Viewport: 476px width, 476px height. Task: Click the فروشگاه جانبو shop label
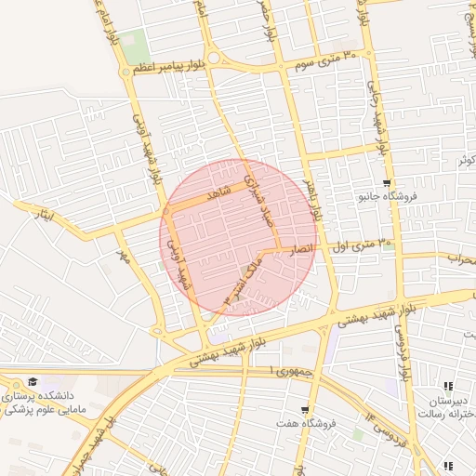388,197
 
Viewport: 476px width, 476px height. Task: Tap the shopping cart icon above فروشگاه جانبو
387,183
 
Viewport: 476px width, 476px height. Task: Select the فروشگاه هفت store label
305,424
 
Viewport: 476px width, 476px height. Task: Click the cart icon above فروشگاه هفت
305,410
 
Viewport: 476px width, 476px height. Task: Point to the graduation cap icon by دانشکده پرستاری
33,382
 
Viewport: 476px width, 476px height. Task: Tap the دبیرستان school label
449,401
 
